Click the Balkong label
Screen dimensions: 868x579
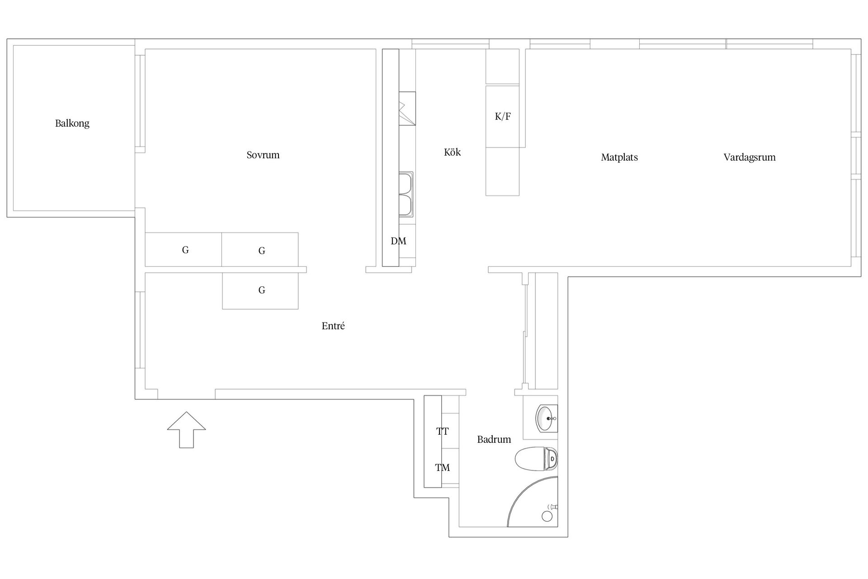pos(72,123)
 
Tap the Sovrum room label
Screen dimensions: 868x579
pos(263,155)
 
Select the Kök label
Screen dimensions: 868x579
pos(453,152)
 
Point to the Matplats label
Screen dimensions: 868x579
pos(619,157)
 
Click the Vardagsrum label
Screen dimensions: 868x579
pos(750,157)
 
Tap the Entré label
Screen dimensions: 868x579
pos(333,326)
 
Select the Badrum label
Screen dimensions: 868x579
pos(494,439)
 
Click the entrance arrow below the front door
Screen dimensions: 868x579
pos(187,430)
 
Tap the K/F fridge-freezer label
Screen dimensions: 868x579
pos(503,117)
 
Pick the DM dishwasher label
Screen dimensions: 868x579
pos(398,241)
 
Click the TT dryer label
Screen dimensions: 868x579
pos(443,432)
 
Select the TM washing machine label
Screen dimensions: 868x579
pos(443,468)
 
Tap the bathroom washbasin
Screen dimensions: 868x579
pos(547,418)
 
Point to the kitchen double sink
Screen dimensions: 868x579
pos(406,194)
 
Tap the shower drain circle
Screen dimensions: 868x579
pos(547,516)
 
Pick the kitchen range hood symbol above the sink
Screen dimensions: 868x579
pos(407,109)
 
